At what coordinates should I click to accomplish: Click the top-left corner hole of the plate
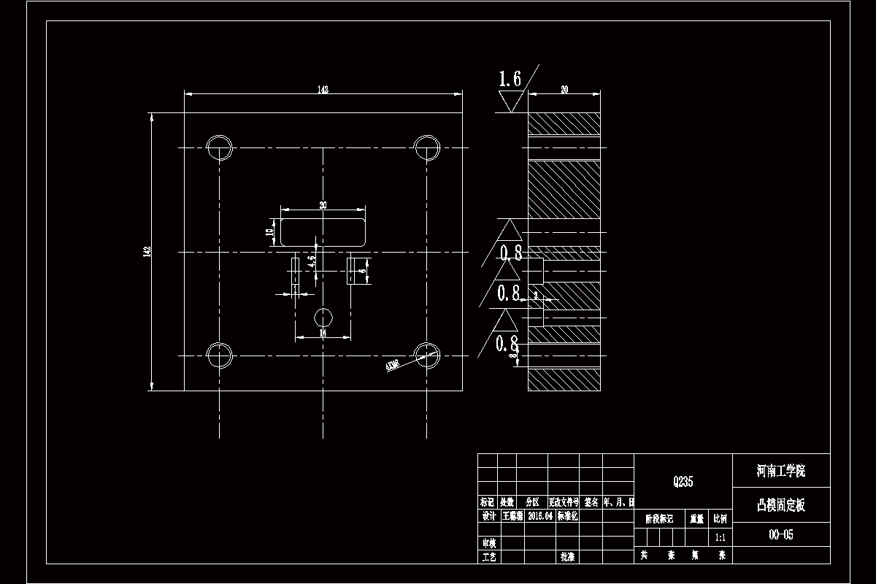[x=219, y=148]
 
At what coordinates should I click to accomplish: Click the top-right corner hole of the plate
[x=427, y=148]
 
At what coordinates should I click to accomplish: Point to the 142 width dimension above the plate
[x=323, y=90]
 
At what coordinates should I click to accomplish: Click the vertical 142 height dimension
[x=147, y=251]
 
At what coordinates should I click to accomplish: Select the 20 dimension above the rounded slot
[x=323, y=205]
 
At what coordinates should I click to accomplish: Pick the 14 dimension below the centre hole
[x=323, y=333]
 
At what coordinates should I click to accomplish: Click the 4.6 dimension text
[x=312, y=262]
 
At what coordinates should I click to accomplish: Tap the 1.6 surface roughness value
[x=510, y=79]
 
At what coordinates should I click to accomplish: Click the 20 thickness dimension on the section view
[x=564, y=90]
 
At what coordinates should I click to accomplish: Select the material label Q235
[x=683, y=482]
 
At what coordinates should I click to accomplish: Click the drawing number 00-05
[x=780, y=534]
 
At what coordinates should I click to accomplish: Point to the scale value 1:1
[x=720, y=537]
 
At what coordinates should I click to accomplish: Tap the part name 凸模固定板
[x=780, y=504]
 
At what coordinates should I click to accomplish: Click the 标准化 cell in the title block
[x=567, y=515]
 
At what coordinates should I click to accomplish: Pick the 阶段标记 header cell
[x=658, y=519]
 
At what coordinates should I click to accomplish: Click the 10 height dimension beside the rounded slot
[x=269, y=233]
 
